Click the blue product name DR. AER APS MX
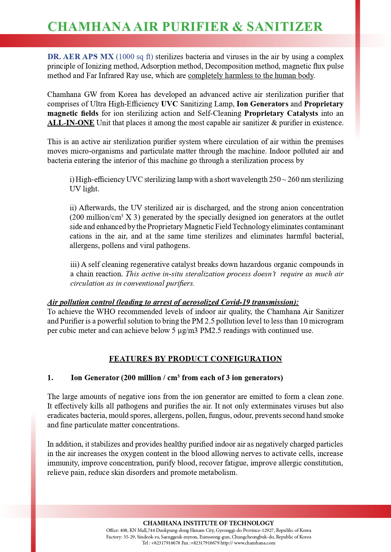click(x=80, y=57)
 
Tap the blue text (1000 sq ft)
click(x=135, y=57)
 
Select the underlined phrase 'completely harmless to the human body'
click(x=251, y=76)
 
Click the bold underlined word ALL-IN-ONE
click(x=71, y=123)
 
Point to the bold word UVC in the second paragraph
click(x=168, y=104)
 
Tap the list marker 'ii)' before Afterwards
click(x=73, y=208)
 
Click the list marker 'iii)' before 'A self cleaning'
click(x=74, y=264)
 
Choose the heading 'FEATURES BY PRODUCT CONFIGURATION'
click(x=195, y=359)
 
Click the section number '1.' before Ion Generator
click(x=50, y=378)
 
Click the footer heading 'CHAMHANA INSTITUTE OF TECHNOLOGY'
click(x=209, y=523)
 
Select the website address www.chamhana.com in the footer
click(x=255, y=543)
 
